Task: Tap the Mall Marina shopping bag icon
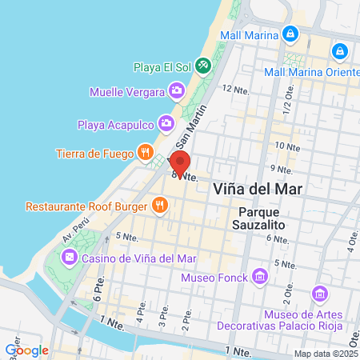coord(290,34)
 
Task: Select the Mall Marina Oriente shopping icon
coord(340,50)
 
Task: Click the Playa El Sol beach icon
coord(203,63)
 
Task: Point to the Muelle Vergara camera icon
coord(176,90)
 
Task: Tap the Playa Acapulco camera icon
coord(166,123)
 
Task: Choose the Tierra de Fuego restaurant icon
coord(145,151)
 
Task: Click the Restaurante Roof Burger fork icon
coord(160,206)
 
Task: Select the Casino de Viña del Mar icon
coord(69,257)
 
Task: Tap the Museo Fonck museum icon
coord(259,277)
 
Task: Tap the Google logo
coord(26,350)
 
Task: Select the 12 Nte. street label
coord(237,89)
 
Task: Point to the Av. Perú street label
coord(73,234)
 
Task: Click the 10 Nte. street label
coord(286,146)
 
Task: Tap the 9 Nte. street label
coord(282,168)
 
